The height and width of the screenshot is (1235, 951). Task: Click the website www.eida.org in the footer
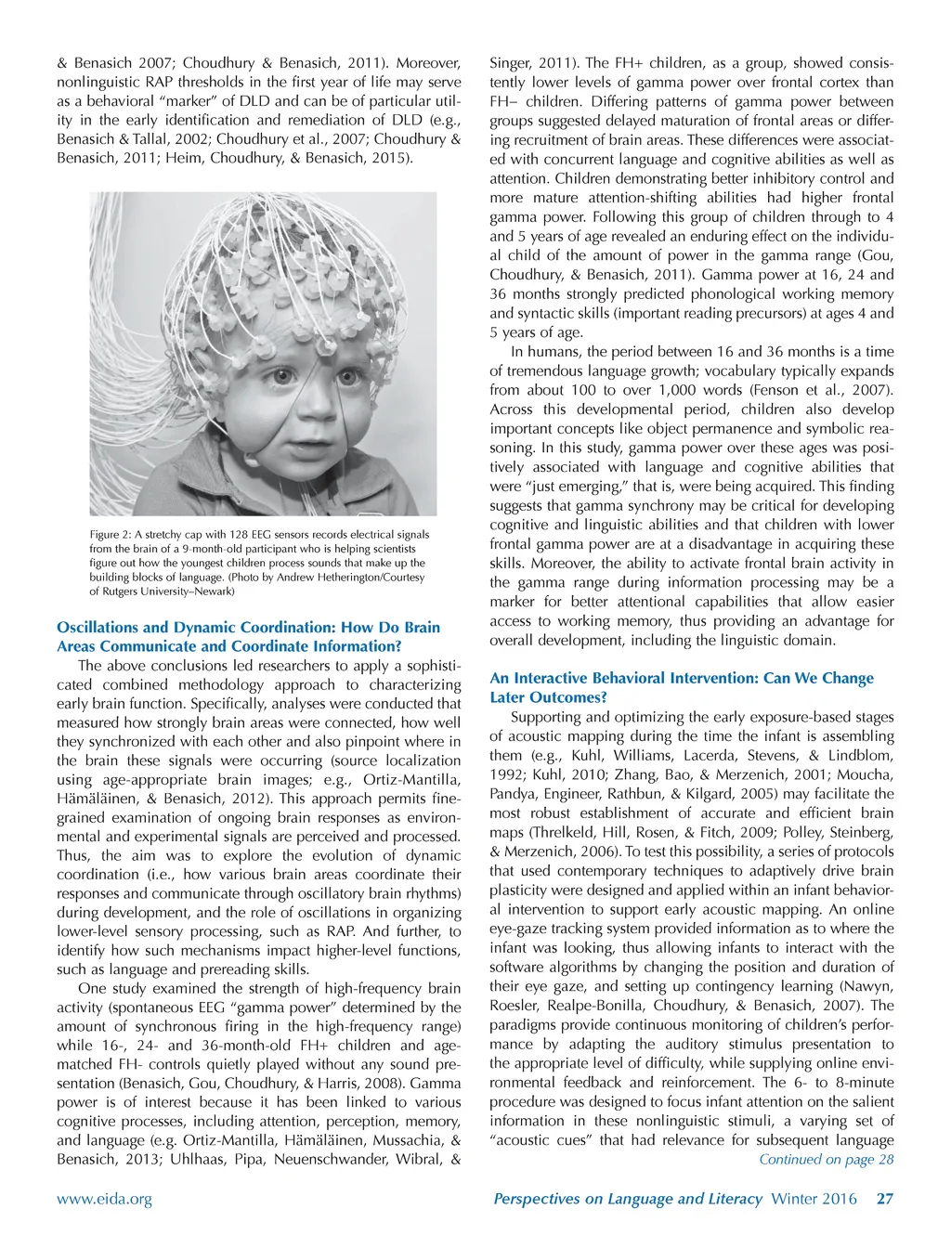104,1199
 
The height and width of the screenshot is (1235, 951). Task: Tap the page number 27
884,1199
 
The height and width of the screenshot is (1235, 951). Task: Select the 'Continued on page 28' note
826,1160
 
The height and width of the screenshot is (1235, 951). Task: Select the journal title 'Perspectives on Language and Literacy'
627,1199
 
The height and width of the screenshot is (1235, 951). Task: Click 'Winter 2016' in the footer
814,1199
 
